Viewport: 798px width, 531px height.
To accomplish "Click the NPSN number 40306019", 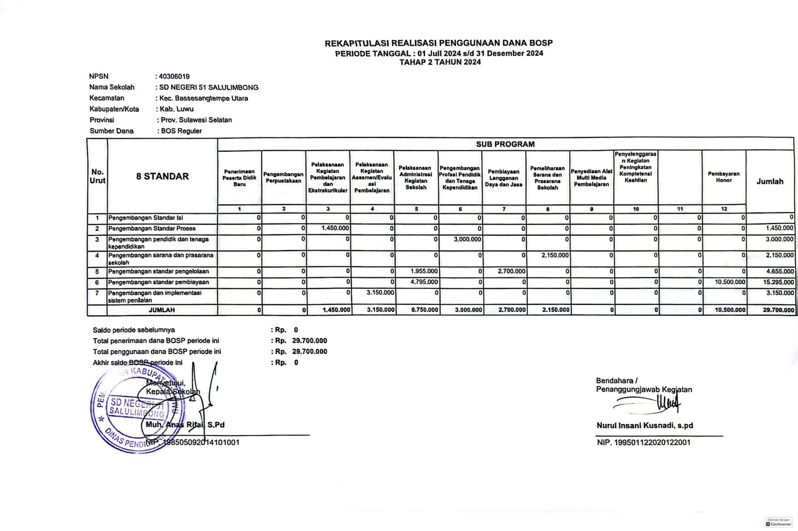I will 174,76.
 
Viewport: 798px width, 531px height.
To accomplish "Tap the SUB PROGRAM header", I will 505,144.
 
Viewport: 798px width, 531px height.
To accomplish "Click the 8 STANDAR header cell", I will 162,176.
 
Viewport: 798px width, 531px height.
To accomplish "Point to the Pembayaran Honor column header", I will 723,177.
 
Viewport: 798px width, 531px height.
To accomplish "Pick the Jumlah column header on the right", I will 769,182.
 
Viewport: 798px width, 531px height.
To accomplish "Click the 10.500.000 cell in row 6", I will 730,282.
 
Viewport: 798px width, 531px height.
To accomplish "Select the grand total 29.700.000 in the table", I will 778,310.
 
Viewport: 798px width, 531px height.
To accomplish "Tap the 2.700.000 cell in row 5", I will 511,271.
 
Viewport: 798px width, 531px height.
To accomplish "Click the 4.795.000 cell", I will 424,282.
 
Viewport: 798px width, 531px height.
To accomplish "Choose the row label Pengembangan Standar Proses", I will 152,229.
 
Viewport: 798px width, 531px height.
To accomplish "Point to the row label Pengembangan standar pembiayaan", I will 158,282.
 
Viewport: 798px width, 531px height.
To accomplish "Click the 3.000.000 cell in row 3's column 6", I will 467,239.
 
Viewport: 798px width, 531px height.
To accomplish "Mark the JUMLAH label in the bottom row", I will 162,310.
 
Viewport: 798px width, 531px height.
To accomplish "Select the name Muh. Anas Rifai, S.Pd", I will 185,425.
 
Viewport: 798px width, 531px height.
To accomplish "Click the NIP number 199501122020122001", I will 643,442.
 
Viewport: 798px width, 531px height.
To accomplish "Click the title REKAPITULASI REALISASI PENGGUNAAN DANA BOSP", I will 439,43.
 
